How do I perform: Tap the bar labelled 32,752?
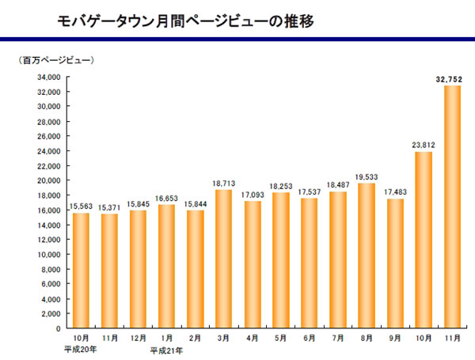[x=452, y=206]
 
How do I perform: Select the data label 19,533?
[x=367, y=176]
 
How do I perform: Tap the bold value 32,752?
[x=450, y=78]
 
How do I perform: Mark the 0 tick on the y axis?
[x=59, y=327]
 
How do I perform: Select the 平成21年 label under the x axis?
[x=167, y=349]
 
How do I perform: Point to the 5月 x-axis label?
[x=281, y=338]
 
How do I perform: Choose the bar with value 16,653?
[x=167, y=266]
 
